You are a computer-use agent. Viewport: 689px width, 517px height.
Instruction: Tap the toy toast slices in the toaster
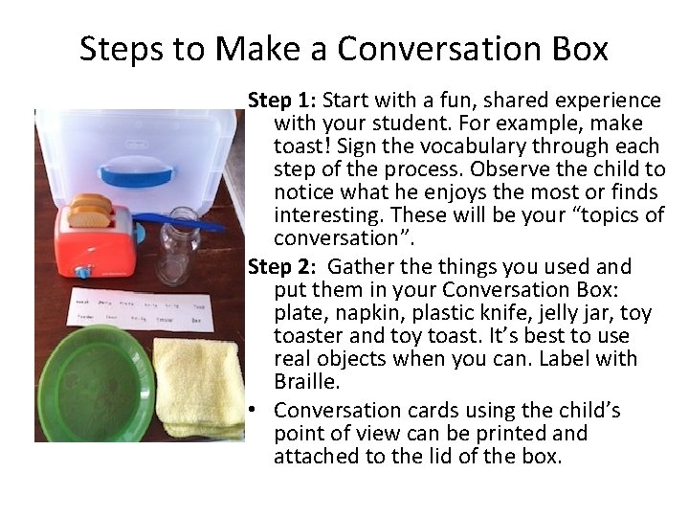[91, 212]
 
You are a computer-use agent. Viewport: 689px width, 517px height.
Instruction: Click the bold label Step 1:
[283, 101]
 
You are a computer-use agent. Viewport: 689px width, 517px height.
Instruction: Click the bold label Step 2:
[283, 266]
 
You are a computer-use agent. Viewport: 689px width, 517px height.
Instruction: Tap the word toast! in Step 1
[303, 146]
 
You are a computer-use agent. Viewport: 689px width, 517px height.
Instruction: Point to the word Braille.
[306, 382]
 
